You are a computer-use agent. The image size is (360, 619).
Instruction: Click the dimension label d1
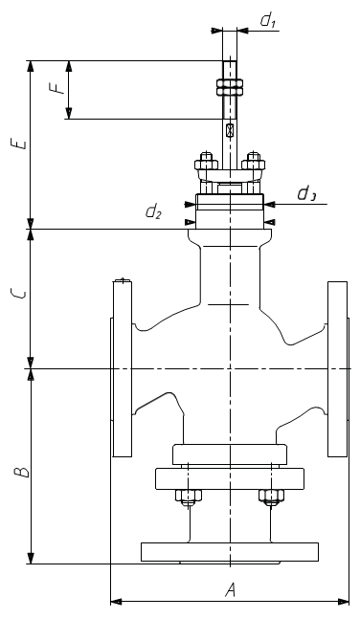pyautogui.click(x=267, y=21)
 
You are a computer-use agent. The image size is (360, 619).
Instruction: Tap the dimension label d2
pyautogui.click(x=153, y=212)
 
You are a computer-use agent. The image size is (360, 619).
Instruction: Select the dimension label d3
pyautogui.click(x=305, y=194)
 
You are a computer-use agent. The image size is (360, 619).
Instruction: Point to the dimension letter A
pyautogui.click(x=231, y=590)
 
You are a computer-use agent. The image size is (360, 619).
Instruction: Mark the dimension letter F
pyautogui.click(x=58, y=88)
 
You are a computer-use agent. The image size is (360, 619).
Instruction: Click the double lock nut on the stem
pyautogui.click(x=230, y=87)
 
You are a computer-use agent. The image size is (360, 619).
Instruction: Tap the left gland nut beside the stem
pyautogui.click(x=206, y=162)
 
